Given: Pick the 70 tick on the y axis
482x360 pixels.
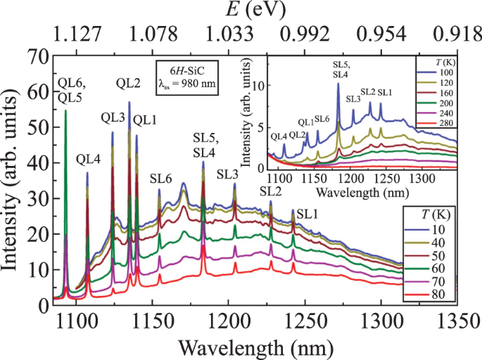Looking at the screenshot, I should pos(37,54).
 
